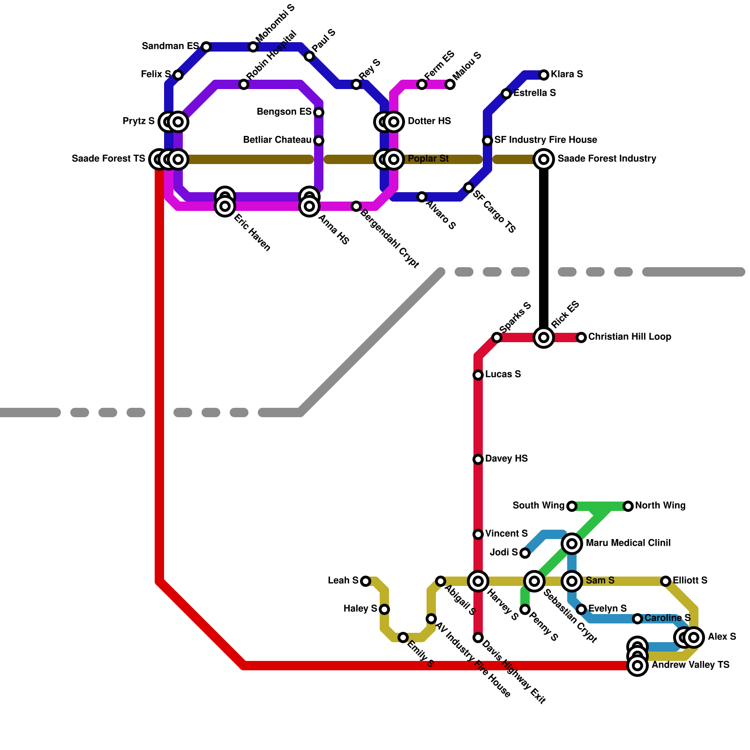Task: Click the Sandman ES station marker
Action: point(206,47)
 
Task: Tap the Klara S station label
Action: point(567,75)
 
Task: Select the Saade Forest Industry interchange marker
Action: point(544,159)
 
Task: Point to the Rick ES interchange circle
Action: point(544,337)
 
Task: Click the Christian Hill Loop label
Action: point(630,337)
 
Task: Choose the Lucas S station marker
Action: point(478,375)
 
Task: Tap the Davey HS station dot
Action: point(478,459)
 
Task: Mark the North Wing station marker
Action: point(628,506)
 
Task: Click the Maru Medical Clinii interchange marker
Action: point(572,544)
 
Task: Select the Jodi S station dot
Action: point(525,553)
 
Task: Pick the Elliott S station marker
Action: point(666,581)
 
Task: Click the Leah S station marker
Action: point(366,581)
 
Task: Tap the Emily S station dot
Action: point(403,637)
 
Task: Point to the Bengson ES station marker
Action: point(319,112)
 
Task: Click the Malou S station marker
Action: point(450,84)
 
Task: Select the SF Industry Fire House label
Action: point(546,140)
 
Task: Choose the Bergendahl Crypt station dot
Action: point(356,206)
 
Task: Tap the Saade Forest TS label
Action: point(108,159)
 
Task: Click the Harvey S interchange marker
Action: point(478,581)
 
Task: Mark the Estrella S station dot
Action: point(506,94)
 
